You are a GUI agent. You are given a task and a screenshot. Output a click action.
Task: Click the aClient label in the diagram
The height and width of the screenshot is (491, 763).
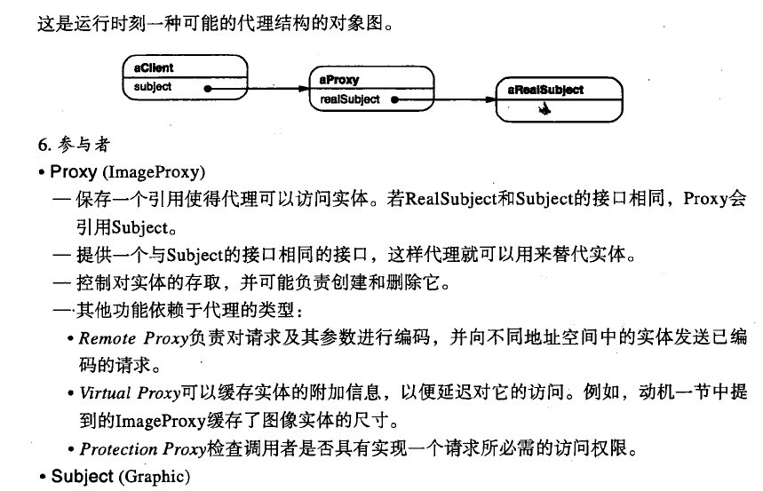[x=154, y=67]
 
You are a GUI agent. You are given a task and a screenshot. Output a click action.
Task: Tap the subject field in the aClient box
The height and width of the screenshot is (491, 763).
[x=153, y=87]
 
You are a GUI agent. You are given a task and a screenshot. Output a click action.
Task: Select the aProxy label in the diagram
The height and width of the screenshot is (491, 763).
[x=339, y=80]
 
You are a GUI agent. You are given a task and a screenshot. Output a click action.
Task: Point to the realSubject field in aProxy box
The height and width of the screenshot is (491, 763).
[x=350, y=99]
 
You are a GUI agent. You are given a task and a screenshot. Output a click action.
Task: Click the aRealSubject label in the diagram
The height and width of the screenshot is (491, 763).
[x=545, y=90]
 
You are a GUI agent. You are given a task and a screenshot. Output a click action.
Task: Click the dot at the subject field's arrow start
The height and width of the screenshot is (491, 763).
[x=208, y=89]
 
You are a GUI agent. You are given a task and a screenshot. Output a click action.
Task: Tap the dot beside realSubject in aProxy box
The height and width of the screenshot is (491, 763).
[x=394, y=99]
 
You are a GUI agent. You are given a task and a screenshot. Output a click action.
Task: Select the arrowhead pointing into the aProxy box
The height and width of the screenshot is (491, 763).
[x=304, y=89]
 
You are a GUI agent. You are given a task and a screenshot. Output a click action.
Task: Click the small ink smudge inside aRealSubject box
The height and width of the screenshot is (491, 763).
[x=544, y=109]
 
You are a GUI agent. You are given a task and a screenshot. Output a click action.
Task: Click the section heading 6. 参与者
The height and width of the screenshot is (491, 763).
[x=74, y=144]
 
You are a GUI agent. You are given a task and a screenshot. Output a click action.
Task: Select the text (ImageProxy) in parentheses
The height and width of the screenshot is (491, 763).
[x=154, y=171]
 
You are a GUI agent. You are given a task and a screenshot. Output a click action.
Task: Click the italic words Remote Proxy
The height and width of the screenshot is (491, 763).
[x=133, y=337]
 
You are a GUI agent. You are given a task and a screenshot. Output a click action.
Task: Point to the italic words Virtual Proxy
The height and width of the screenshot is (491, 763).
[x=130, y=392]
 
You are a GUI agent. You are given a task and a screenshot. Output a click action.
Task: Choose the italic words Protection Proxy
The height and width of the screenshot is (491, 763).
[x=143, y=448]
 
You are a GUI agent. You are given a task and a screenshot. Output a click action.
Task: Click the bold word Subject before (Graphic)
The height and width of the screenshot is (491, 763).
[x=83, y=476]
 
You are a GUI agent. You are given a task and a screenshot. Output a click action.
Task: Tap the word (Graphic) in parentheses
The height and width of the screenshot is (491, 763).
[x=155, y=477]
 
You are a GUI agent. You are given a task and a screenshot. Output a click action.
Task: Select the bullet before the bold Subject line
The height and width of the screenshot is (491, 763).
[x=43, y=477]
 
